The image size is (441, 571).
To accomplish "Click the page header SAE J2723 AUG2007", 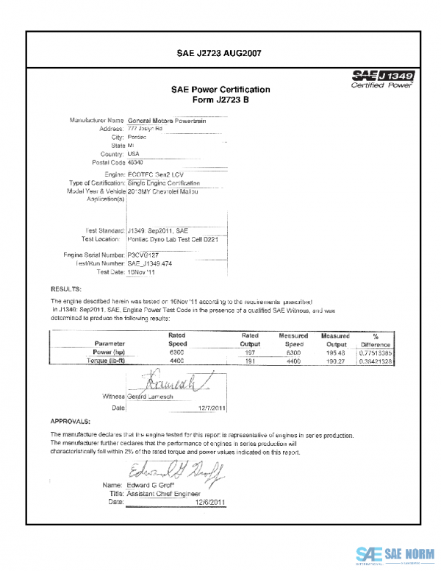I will pos(220,53).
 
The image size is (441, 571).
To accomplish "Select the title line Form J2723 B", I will pos(220,100).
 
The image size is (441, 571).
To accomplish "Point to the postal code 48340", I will pos(137,162).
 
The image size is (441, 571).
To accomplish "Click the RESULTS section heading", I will pos(65,288).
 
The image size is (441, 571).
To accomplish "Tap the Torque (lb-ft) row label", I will pos(109,361).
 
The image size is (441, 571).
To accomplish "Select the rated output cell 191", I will pos(249,361).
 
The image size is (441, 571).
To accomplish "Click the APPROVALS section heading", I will pos(70,422).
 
